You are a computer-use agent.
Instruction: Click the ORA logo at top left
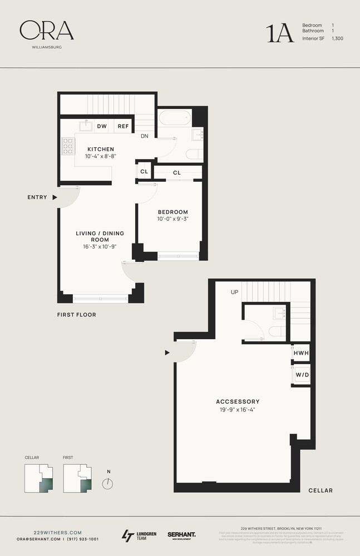point(47,31)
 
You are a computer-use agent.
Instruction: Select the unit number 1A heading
point(280,33)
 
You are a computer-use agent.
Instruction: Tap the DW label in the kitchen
point(102,126)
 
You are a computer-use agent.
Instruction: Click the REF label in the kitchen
point(123,126)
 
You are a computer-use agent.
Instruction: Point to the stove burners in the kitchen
point(67,146)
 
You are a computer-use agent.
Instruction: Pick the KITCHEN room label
point(101,149)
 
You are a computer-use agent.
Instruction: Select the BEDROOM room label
point(172,212)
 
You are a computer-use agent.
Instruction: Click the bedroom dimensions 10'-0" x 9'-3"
point(172,219)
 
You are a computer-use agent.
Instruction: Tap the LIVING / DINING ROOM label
point(100,236)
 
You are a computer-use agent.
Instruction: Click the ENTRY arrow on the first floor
point(55,197)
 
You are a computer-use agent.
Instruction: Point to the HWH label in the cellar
point(301,353)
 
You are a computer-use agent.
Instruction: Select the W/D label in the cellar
point(301,375)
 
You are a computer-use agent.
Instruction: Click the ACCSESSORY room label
point(238,401)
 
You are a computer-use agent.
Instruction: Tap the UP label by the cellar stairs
point(235,292)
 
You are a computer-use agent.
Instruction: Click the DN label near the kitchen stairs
point(144,136)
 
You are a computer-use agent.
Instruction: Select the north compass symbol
point(107,483)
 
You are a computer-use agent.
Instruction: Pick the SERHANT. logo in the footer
point(181,535)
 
